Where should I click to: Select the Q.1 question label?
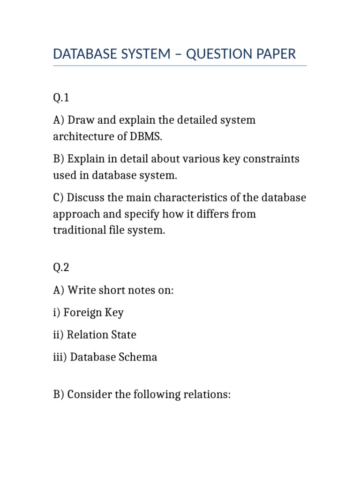61,98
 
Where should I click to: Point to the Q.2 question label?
61,268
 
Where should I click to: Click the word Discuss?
87,198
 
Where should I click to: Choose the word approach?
76,214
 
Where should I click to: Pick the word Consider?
90,395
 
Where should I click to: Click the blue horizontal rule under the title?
180,66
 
